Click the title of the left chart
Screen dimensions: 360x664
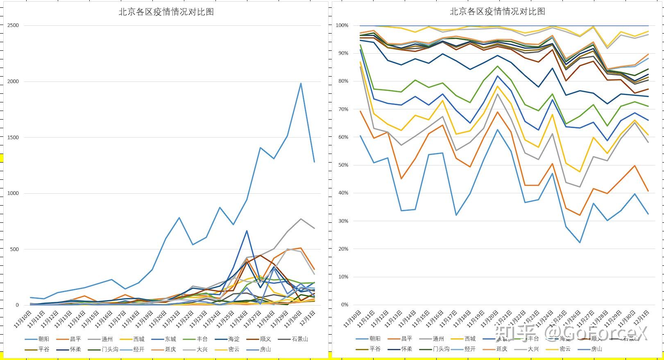click(x=166, y=12)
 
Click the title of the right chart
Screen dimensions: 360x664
click(x=497, y=12)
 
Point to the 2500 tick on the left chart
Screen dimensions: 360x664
click(x=13, y=25)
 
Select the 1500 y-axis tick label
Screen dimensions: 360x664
click(x=13, y=138)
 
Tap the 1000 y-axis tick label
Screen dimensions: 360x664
click(x=13, y=193)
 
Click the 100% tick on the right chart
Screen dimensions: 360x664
click(x=342, y=25)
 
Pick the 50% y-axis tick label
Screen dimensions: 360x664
click(x=343, y=165)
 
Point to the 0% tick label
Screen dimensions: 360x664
click(x=344, y=305)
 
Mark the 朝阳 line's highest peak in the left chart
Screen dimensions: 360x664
click(x=301, y=84)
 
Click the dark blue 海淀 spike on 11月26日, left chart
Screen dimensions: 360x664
click(x=247, y=231)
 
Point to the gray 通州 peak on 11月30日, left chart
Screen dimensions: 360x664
click(x=301, y=219)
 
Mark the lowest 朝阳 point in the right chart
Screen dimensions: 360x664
click(x=580, y=242)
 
